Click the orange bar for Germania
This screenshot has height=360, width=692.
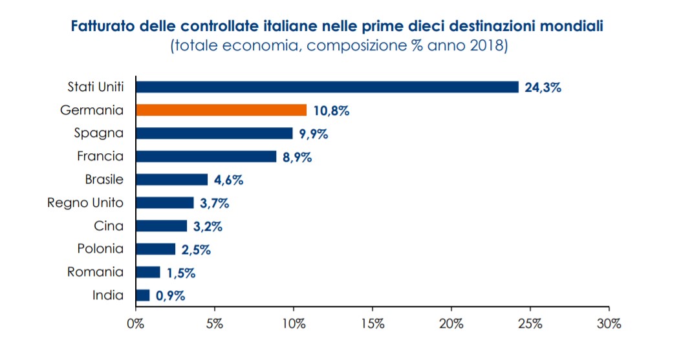click(x=221, y=110)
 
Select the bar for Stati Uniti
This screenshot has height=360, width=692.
click(x=327, y=87)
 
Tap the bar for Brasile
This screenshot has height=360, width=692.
click(x=172, y=180)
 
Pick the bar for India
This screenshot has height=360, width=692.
click(x=143, y=295)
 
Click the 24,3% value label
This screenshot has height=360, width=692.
click(x=543, y=87)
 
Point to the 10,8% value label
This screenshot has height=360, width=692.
click(x=331, y=111)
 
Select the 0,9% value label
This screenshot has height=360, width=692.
click(x=170, y=296)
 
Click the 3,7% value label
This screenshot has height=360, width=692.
click(x=214, y=203)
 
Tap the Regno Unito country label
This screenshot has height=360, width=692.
click(x=85, y=202)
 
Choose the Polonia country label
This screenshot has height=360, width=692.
click(x=100, y=249)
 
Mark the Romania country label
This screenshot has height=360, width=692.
click(x=95, y=272)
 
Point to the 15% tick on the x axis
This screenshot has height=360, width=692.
click(x=372, y=324)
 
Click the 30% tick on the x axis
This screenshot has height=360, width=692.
click(x=609, y=324)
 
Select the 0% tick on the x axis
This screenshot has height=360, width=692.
click(x=136, y=324)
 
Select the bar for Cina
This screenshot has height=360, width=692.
click(x=162, y=226)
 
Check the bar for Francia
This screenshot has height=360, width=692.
click(x=206, y=156)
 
